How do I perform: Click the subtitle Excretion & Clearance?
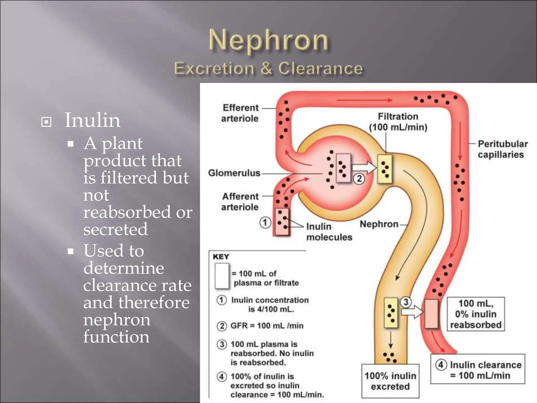point(268,69)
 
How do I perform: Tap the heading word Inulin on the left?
point(92,120)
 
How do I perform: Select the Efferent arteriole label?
point(240,113)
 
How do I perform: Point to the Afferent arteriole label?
point(240,202)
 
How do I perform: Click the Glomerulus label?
point(234,173)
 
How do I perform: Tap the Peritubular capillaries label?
point(502,149)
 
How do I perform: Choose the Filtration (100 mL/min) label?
point(398,122)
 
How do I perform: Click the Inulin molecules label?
point(329,232)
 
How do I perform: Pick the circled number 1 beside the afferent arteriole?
point(265,223)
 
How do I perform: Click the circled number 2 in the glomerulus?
point(359,179)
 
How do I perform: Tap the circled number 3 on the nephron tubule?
point(406,302)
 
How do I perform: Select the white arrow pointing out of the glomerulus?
point(363,167)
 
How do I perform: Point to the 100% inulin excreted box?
point(390,381)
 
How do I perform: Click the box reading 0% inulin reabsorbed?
point(476,314)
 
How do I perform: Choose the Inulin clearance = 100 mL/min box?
point(478,370)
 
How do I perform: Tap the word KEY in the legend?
point(221,257)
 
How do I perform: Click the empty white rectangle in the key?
point(222,276)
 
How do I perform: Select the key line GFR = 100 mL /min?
point(267,326)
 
